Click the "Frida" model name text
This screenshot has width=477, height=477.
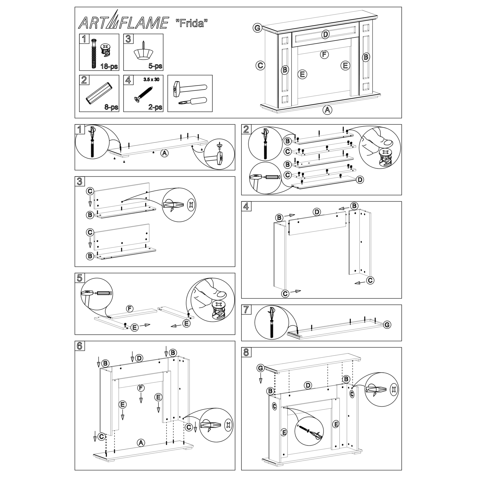191,23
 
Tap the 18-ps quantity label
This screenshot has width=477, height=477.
109,66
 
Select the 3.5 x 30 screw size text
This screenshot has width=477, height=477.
151,80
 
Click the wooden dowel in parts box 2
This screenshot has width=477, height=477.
99,93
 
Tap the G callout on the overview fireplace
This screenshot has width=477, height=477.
257,28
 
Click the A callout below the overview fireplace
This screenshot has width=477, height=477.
327,110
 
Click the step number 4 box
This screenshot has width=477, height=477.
246,206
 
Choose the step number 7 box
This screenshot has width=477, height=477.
246,309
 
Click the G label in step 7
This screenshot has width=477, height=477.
387,325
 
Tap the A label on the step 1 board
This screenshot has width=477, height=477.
164,153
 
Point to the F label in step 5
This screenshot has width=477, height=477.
129,309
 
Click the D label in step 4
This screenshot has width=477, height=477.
317,212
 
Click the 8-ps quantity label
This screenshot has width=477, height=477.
111,107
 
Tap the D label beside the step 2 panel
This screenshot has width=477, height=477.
360,180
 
